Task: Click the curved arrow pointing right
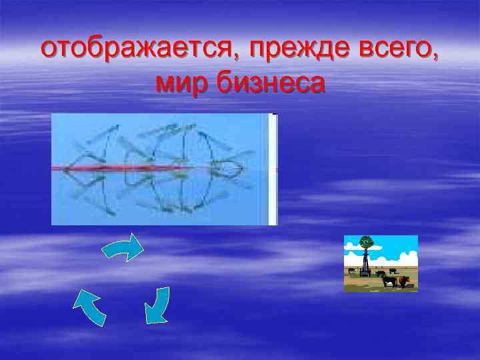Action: (x=123, y=248)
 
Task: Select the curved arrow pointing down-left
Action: (x=158, y=305)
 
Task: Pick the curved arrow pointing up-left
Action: (x=89, y=307)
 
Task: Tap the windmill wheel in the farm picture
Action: (x=365, y=243)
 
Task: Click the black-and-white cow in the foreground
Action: (x=389, y=281)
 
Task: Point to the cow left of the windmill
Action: (x=352, y=271)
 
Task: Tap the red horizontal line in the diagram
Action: (x=167, y=168)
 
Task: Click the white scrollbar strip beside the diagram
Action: (x=272, y=169)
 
